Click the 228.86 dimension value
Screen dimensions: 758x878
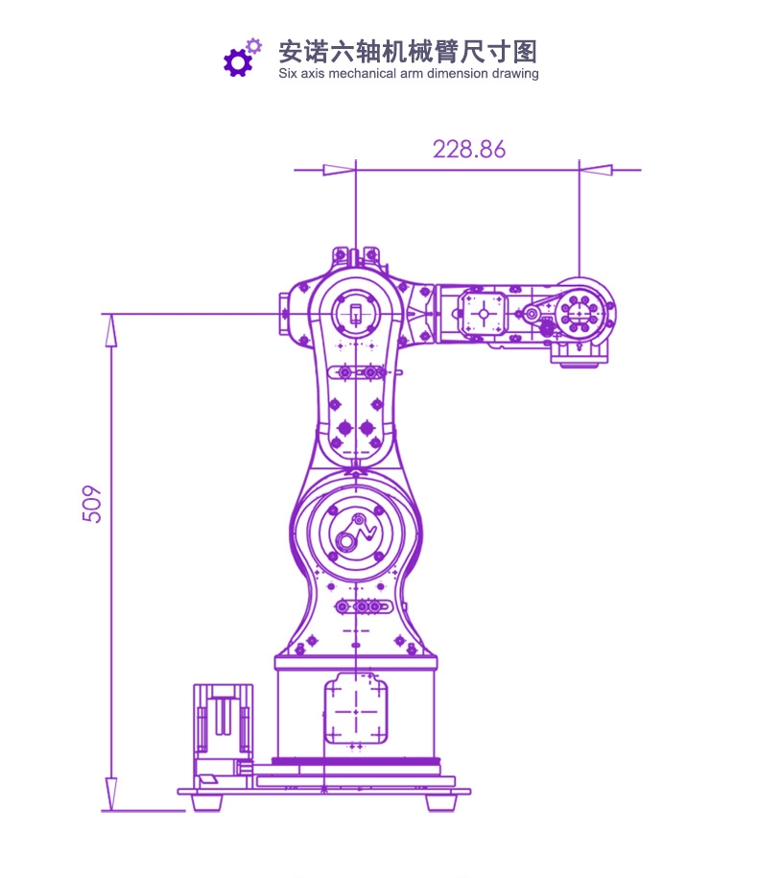469,150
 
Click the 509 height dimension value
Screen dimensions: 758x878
92,504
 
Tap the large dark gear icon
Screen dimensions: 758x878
238,62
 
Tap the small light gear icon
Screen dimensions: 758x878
254,46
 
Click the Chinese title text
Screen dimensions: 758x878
408,52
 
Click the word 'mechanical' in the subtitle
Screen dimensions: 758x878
362,73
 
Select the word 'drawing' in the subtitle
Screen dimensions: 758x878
515,74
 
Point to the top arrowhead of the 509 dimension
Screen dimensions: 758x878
111,330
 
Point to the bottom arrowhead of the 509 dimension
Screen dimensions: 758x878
111,794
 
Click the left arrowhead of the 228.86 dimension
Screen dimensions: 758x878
340,170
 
